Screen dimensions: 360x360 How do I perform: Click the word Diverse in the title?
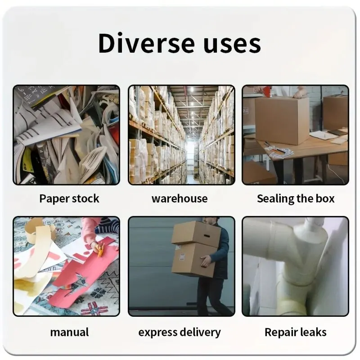click(x=140, y=43)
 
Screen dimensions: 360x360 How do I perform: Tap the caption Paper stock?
click(x=69, y=198)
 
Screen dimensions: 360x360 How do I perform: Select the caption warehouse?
click(x=180, y=198)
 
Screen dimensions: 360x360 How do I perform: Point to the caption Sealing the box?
click(x=296, y=198)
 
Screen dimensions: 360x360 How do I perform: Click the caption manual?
click(x=69, y=333)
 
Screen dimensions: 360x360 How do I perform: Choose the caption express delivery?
click(x=180, y=333)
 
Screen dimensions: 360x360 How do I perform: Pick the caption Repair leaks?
click(x=296, y=333)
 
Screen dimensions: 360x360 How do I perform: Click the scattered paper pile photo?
click(x=67, y=135)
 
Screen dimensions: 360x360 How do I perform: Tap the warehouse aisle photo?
click(x=181, y=135)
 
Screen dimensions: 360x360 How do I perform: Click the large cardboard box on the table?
click(x=282, y=120)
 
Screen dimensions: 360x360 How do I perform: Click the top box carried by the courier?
click(x=196, y=233)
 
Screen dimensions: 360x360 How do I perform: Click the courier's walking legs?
click(x=211, y=295)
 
